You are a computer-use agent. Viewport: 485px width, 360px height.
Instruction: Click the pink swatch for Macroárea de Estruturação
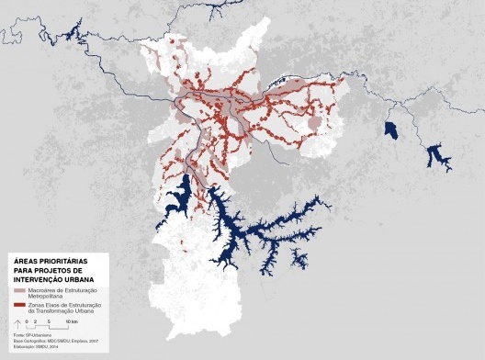[19, 289]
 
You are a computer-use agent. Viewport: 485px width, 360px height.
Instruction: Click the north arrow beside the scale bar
[17, 324]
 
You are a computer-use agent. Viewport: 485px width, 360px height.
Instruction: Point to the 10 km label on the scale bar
[71, 323]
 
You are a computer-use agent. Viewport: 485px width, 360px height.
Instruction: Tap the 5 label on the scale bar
[46, 323]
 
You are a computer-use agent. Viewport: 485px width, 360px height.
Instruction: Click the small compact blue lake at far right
[390, 131]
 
